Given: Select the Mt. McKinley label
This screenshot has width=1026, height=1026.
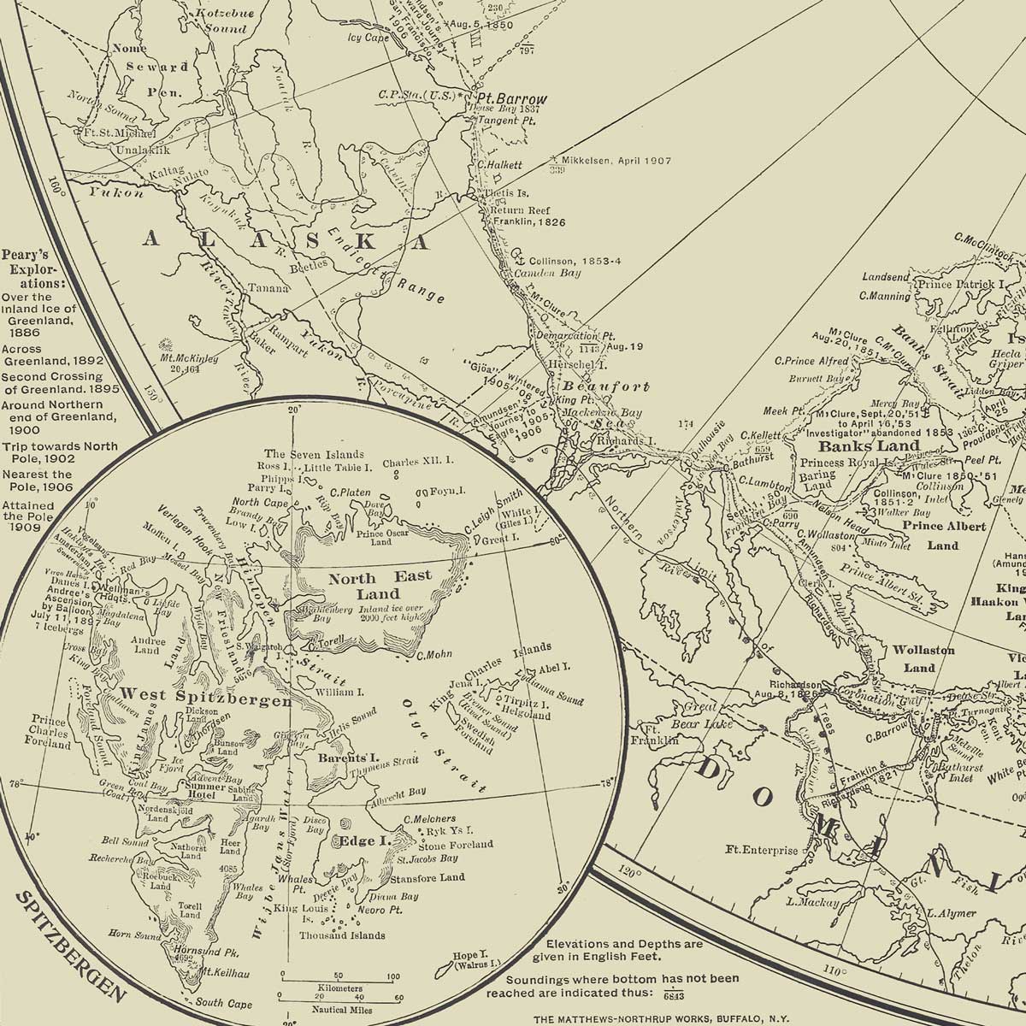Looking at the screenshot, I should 189,364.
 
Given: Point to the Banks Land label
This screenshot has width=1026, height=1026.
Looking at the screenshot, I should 869,445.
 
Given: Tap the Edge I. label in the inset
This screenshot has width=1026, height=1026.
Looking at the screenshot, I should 364,841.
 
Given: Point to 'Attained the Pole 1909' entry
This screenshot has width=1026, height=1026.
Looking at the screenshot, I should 29,516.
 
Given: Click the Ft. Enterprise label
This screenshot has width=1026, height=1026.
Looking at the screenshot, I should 762,850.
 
